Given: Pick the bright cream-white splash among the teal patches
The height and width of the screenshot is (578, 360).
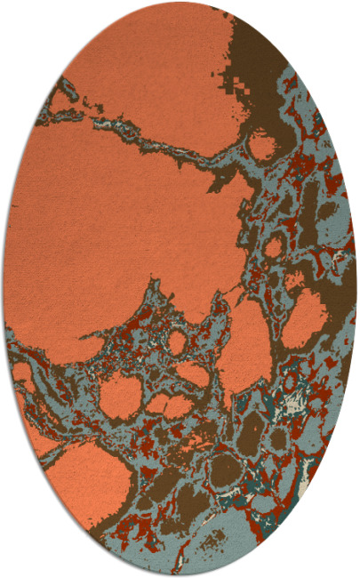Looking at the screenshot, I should (x=292, y=405).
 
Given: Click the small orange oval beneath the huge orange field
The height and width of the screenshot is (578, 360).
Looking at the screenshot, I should (x=177, y=341).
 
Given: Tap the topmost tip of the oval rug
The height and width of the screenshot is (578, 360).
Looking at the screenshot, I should (x=180, y=3).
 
